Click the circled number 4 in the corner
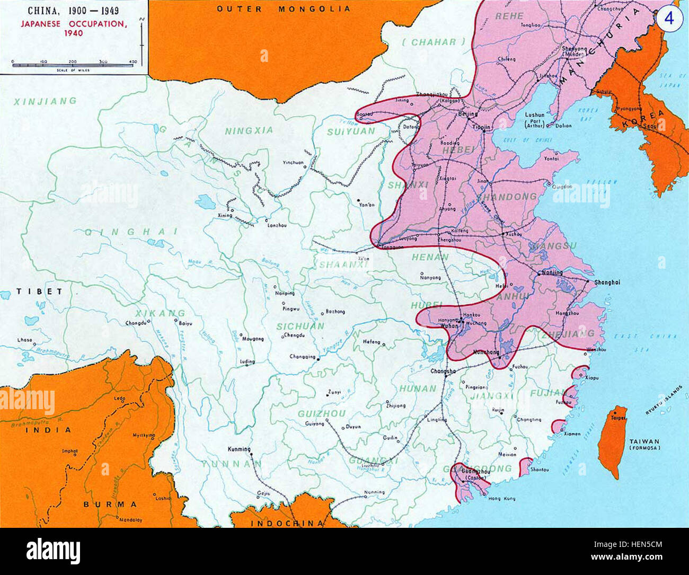click(x=669, y=18)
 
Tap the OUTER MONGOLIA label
click(x=284, y=8)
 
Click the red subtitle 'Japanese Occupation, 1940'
click(x=74, y=28)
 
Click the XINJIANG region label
click(x=45, y=101)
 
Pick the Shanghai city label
click(x=607, y=282)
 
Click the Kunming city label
click(x=239, y=449)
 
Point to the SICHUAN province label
click(x=300, y=326)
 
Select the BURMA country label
click(x=110, y=504)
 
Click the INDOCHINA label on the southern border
click(x=287, y=523)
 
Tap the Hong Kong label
click(x=501, y=499)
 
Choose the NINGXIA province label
click(x=249, y=130)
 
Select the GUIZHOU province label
click(x=322, y=413)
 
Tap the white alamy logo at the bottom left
click(x=53, y=552)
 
